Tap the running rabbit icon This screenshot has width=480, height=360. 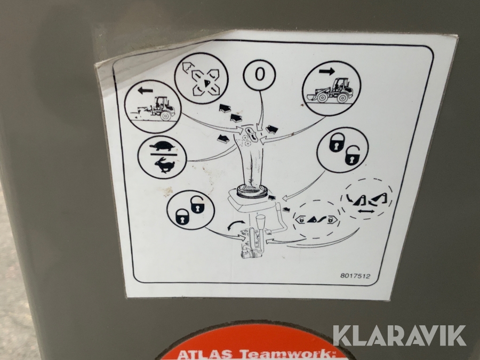coord(164,165)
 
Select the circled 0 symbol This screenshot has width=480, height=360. coord(259,75)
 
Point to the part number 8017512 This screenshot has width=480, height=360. coord(355,276)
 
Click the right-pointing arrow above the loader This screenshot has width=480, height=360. coord(326,71)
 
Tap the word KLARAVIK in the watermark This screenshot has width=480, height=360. coord(399,336)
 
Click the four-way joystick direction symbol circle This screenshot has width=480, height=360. coord(201,80)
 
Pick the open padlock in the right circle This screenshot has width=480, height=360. coord(352,155)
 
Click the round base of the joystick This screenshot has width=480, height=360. coord(252,191)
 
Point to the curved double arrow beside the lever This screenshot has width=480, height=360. coord(236,225)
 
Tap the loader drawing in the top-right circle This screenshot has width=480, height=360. coord(330,90)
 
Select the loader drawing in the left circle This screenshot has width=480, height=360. coord(153,109)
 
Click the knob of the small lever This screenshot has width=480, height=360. coord(261,222)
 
